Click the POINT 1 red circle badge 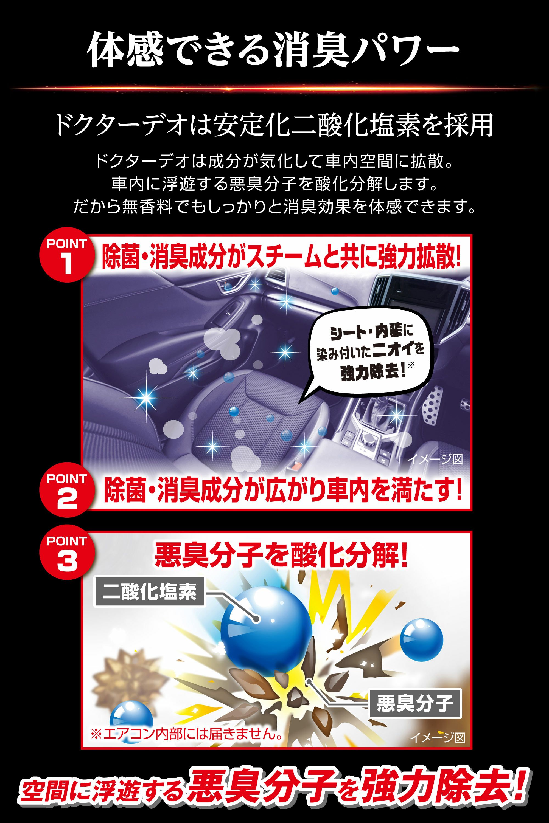coord(66,255)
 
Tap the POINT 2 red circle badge coord(66,490)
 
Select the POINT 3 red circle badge coord(66,553)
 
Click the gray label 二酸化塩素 coord(149,592)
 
